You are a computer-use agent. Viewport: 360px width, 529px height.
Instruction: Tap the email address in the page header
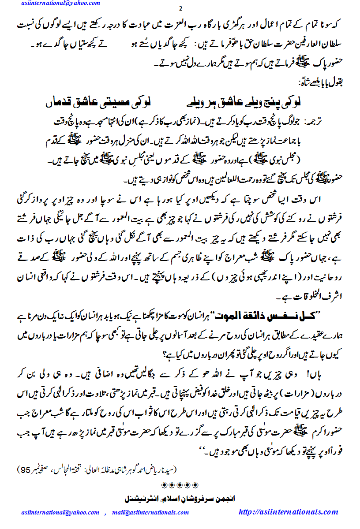(60, 4)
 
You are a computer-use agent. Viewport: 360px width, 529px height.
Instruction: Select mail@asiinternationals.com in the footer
(150, 512)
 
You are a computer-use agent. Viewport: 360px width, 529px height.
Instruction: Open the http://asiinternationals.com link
(288, 512)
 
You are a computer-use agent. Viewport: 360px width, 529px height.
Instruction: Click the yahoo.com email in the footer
(60, 512)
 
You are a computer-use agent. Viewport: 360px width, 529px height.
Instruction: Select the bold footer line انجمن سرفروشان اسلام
(180, 499)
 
